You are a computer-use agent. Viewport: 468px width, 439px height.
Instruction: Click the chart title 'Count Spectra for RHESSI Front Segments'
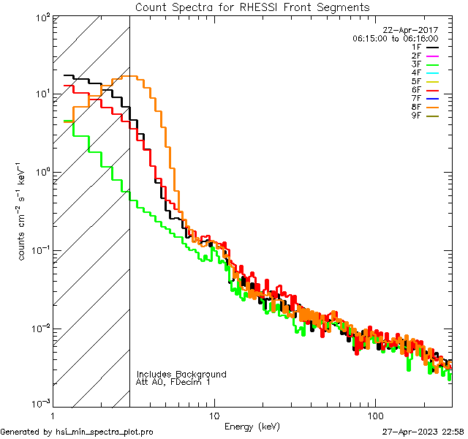pyautogui.click(x=252, y=7)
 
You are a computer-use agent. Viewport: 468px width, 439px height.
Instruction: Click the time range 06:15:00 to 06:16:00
pyautogui.click(x=395, y=38)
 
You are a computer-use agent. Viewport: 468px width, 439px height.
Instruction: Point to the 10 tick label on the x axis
pyautogui.click(x=214, y=413)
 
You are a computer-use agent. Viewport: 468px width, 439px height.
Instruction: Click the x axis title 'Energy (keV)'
pyautogui.click(x=252, y=426)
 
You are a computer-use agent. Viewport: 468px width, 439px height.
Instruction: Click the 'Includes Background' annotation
pyautogui.click(x=181, y=374)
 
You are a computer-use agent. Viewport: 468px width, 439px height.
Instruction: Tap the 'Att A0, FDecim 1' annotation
pyautogui.click(x=173, y=382)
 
